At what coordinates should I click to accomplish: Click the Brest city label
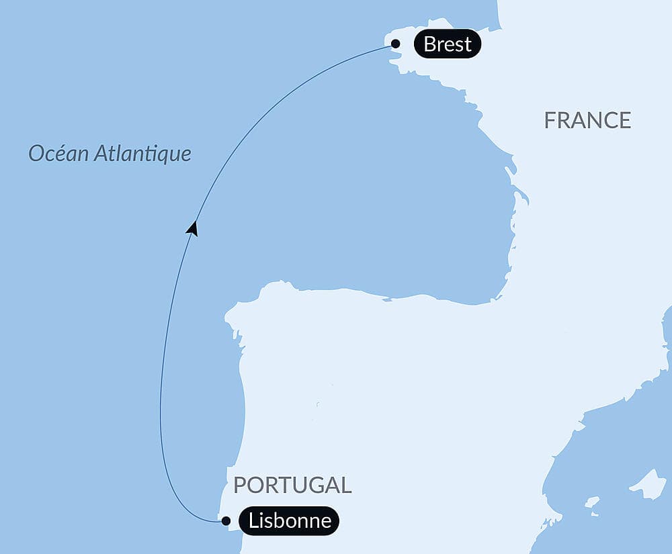click(448, 44)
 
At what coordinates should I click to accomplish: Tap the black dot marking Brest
click(396, 44)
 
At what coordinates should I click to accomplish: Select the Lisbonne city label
click(289, 520)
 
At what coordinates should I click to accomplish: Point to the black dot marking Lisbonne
click(226, 520)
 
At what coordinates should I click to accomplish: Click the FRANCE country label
click(587, 120)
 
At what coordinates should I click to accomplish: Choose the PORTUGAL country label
click(292, 485)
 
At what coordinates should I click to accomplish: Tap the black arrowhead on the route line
click(193, 228)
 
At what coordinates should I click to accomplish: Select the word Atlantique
click(142, 154)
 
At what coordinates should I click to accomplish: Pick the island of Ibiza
click(591, 502)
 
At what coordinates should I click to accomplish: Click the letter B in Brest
click(429, 44)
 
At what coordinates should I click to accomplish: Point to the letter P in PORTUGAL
click(239, 485)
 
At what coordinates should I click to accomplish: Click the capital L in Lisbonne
click(253, 520)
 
